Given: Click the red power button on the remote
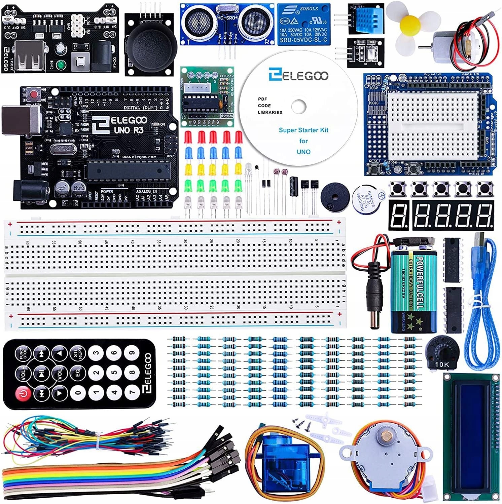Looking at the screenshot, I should pyautogui.click(x=23, y=393).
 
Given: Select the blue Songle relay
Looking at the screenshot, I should pyautogui.click(x=303, y=24).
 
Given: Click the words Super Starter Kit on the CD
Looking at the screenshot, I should pyautogui.click(x=303, y=130).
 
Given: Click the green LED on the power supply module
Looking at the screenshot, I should pyautogui.click(x=61, y=65).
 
